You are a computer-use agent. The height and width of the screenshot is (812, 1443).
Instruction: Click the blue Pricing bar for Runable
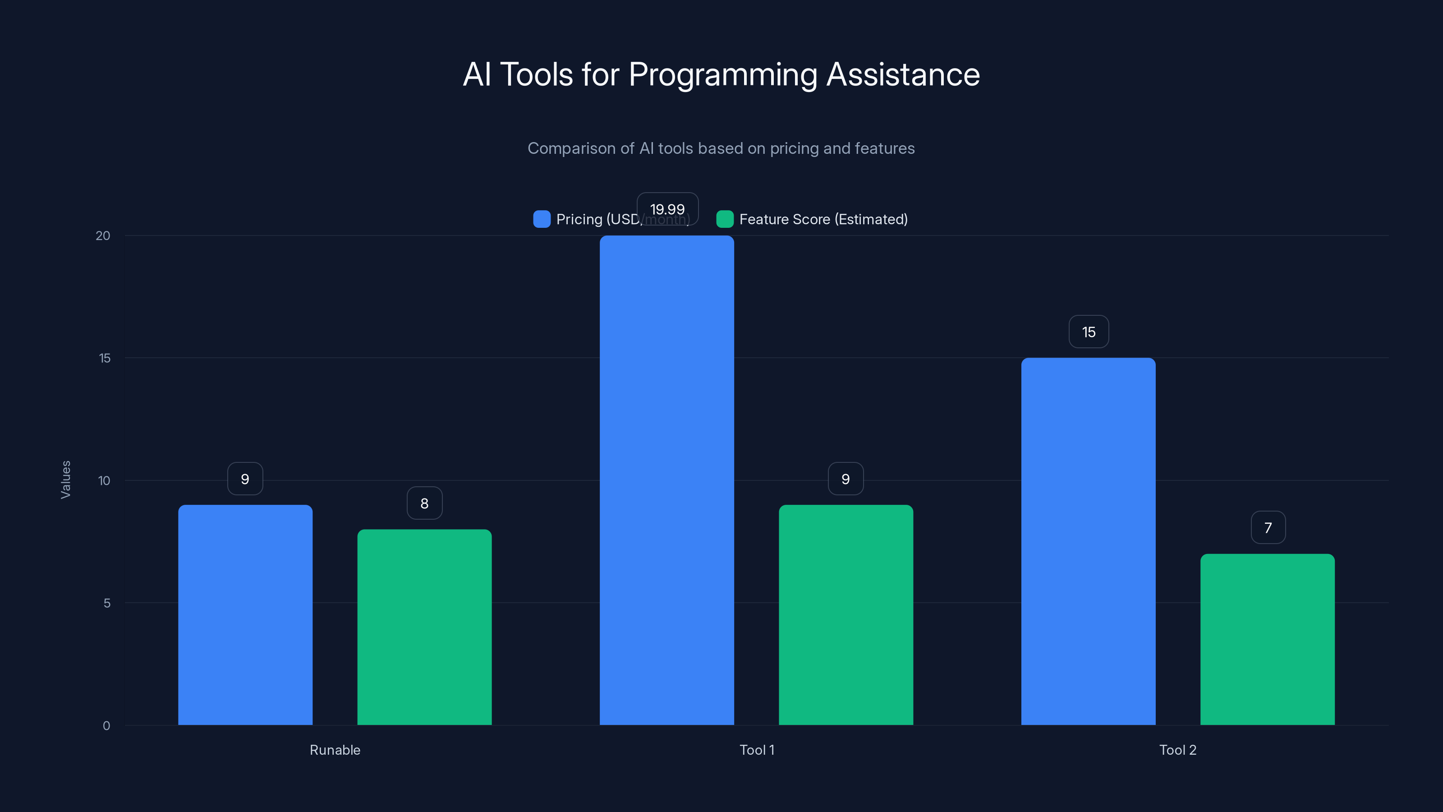point(245,615)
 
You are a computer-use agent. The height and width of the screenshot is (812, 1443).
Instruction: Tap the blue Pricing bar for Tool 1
point(666,480)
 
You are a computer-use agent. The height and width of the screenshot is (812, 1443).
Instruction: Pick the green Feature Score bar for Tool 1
point(846,615)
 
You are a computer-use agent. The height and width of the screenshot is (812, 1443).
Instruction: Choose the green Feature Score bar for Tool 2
point(1267,639)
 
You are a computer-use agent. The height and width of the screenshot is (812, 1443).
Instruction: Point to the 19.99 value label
point(667,209)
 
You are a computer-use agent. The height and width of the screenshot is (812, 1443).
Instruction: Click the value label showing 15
point(1089,332)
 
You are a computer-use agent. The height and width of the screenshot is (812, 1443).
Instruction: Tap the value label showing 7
point(1268,527)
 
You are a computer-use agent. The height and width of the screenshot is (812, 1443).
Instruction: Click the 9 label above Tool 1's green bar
point(846,479)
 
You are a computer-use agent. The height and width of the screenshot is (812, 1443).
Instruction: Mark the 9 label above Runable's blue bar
point(245,479)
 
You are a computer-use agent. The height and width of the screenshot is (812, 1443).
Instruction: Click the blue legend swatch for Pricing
point(542,219)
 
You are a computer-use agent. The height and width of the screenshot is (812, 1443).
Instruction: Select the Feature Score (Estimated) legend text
point(823,219)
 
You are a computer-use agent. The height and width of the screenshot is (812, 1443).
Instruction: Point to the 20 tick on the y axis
point(103,235)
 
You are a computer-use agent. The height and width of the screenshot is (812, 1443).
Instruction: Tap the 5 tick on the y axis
point(106,603)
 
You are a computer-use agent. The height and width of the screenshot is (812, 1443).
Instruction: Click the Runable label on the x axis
point(335,750)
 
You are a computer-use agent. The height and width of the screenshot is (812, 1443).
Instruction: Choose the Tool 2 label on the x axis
point(1177,750)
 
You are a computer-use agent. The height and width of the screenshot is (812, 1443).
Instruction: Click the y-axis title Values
point(65,480)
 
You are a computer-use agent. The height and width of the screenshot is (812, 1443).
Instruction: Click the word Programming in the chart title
point(722,74)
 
